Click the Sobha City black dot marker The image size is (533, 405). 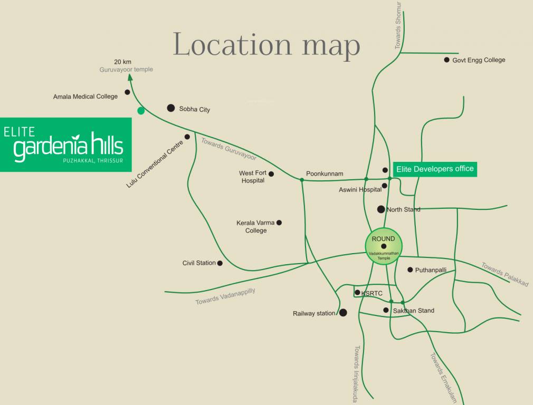coord(170,108)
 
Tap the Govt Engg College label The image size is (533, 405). coord(479,60)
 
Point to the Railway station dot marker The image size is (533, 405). coord(343,313)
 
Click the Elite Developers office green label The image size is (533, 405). coord(435,169)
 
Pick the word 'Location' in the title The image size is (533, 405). coord(233,45)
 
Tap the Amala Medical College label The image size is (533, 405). coord(85,97)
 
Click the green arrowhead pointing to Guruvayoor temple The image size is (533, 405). coord(130,78)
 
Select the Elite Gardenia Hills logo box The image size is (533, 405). coord(65,144)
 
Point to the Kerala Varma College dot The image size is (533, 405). coord(279,223)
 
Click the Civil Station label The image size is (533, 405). coord(199,263)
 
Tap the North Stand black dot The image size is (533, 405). coord(381,209)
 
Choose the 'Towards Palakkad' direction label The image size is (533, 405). coord(505,274)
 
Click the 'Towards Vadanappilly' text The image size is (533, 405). coord(225,296)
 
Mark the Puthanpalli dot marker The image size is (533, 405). coord(410,269)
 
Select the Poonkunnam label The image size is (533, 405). coord(325,173)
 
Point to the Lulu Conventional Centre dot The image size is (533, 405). coord(187,137)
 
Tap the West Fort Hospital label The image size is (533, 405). coord(253,177)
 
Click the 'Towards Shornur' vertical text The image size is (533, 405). coord(398,25)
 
